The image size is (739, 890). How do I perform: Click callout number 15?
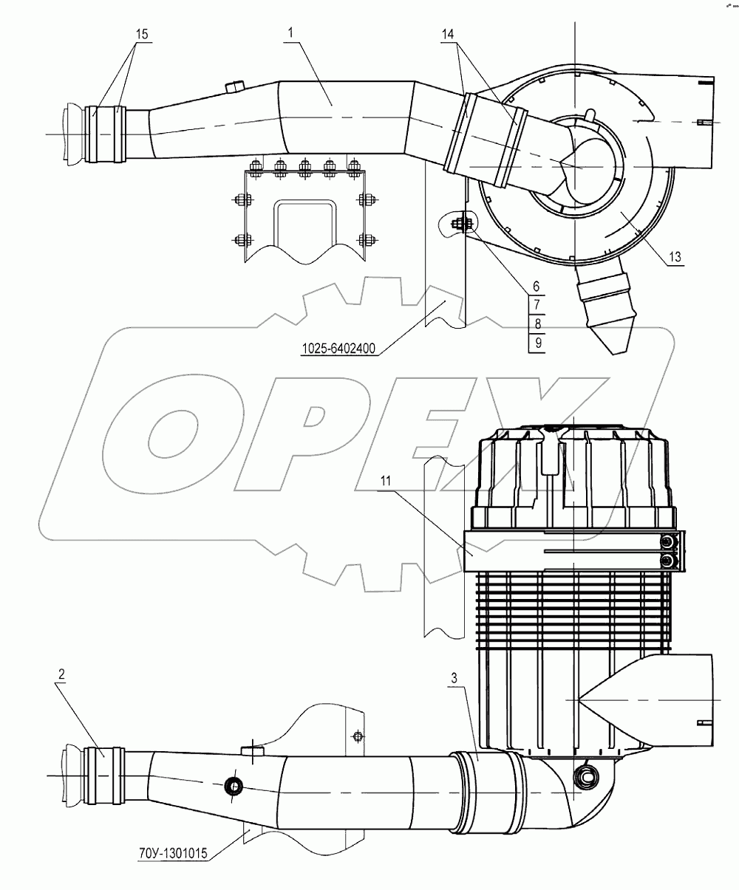141,35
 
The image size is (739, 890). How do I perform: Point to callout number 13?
675,257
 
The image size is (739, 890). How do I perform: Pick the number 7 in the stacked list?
537,304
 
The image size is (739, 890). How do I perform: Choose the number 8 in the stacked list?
537,324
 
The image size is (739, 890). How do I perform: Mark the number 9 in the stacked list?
537,343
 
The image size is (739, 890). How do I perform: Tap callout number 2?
62,674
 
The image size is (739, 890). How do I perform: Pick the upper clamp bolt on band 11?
669,544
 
